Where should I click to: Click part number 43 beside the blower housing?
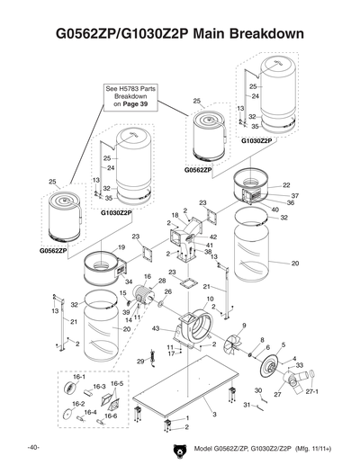pos(157,329)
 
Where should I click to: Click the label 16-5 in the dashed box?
pos(117,383)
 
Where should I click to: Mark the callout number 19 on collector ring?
pos(121,246)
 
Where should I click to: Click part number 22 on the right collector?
pos(286,185)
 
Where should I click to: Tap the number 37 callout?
pos(294,195)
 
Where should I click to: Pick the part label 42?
pos(212,236)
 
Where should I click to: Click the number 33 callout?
pos(299,365)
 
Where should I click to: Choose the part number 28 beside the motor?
pos(162,282)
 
